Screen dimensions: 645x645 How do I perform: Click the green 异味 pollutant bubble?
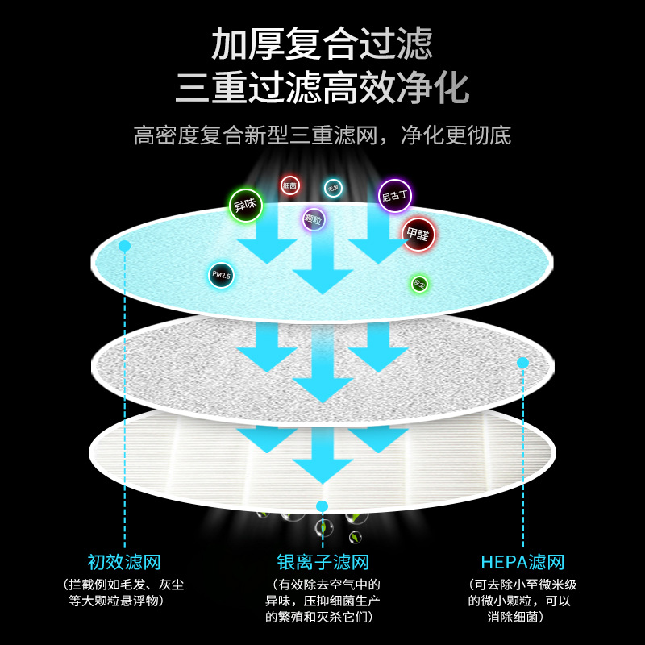(245, 206)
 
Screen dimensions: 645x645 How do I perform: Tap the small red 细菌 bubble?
(290, 185)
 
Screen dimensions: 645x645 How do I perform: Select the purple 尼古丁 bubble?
(395, 195)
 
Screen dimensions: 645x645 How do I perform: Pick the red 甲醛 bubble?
(418, 235)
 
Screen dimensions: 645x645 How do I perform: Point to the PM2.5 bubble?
(221, 275)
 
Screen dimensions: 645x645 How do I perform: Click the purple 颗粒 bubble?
(314, 219)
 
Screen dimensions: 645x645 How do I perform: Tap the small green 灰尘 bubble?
(419, 284)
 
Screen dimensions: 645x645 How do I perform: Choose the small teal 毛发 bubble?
(333, 188)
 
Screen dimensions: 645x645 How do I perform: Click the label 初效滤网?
(125, 562)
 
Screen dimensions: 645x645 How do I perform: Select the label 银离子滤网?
(322, 562)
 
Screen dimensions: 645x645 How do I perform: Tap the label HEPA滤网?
(522, 562)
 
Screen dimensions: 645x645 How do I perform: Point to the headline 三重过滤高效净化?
(322, 87)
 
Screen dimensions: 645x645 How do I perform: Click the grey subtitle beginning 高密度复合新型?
(322, 134)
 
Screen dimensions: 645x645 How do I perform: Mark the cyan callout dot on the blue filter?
(124, 245)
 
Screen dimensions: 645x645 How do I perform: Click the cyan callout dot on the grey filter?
(522, 363)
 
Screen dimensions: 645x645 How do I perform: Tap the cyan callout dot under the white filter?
(322, 506)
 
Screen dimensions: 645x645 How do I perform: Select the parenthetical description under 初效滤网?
(125, 593)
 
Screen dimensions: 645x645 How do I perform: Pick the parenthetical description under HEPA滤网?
(522, 601)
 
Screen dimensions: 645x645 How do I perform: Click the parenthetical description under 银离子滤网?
(322, 601)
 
